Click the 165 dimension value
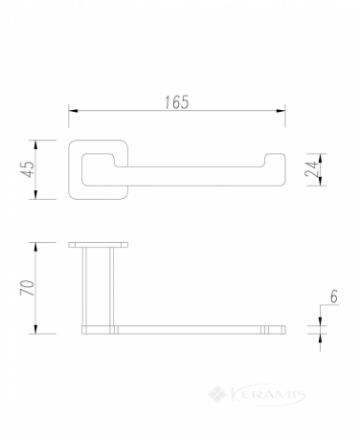177,102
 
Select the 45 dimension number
28,169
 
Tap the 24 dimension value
311,169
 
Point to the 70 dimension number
28,288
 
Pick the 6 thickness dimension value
333,297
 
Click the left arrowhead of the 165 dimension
74,111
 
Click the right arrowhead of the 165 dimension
281,111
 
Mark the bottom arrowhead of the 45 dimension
35,194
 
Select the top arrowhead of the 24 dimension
321,158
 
